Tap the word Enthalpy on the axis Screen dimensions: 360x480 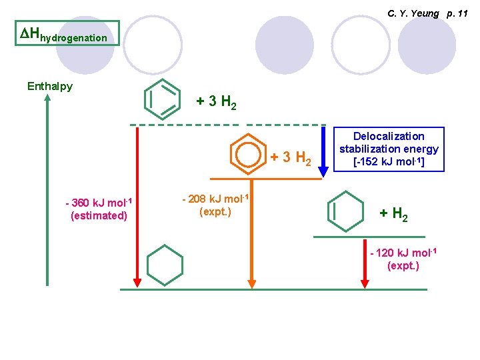(50, 86)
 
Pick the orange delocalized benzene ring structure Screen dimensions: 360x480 (248, 154)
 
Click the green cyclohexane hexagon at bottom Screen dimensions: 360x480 (165, 265)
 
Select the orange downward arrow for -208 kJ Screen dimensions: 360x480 (252, 233)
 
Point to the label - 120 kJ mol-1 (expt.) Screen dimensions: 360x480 (403, 259)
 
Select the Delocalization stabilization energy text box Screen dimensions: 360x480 (389, 149)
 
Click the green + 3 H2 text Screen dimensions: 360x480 (217, 103)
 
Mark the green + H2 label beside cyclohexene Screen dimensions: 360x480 (394, 214)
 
